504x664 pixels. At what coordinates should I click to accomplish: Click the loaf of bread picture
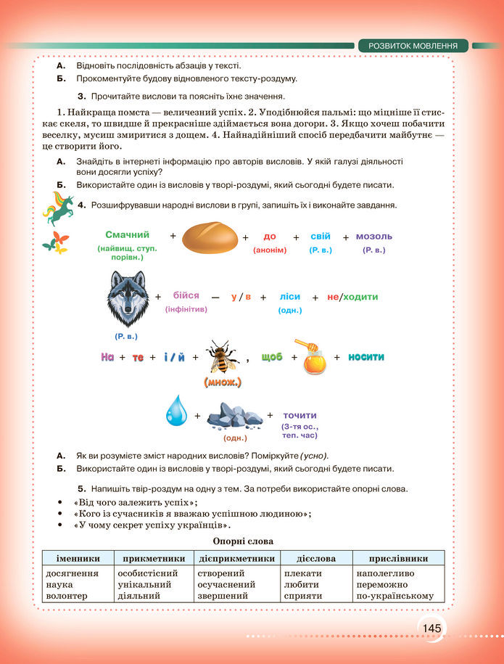tap(210, 237)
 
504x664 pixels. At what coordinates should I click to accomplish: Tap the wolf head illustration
tap(126, 298)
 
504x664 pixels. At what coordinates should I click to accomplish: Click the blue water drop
tap(175, 411)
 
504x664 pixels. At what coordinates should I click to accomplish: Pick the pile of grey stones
tap(233, 414)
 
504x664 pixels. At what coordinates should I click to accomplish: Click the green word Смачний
tap(127, 234)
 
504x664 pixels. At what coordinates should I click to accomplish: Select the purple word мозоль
tap(374, 236)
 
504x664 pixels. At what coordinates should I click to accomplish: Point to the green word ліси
tap(290, 296)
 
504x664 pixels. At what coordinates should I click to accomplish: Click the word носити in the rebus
tap(366, 356)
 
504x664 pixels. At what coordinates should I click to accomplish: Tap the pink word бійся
tap(186, 296)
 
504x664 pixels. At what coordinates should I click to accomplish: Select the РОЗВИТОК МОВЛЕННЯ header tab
tap(413, 46)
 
